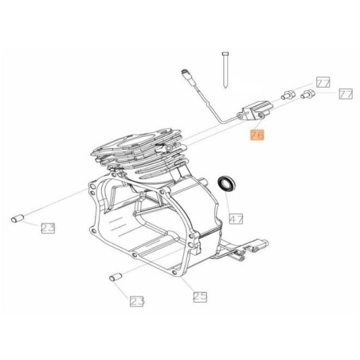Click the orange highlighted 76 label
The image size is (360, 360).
(x=257, y=135)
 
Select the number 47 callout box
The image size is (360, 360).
(x=236, y=217)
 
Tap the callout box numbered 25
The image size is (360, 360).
(x=200, y=296)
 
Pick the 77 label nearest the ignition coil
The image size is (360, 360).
(x=323, y=82)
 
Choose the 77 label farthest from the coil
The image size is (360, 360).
(x=346, y=93)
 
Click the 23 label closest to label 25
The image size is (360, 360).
(x=138, y=301)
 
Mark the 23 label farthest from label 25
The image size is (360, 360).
(x=49, y=229)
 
